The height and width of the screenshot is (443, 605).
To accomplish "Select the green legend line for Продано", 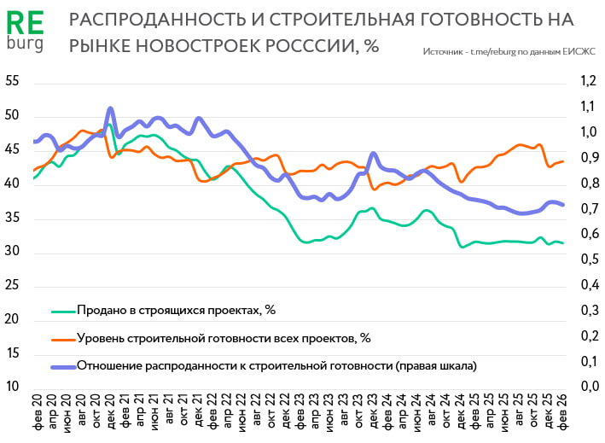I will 64,310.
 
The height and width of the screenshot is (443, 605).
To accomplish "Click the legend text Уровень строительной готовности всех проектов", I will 223,338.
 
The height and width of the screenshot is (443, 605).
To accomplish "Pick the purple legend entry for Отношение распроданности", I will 64,366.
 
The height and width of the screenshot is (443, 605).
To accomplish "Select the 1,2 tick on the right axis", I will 585,82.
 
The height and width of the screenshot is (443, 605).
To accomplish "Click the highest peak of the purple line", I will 111,109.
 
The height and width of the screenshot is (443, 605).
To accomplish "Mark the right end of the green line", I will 563,243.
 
